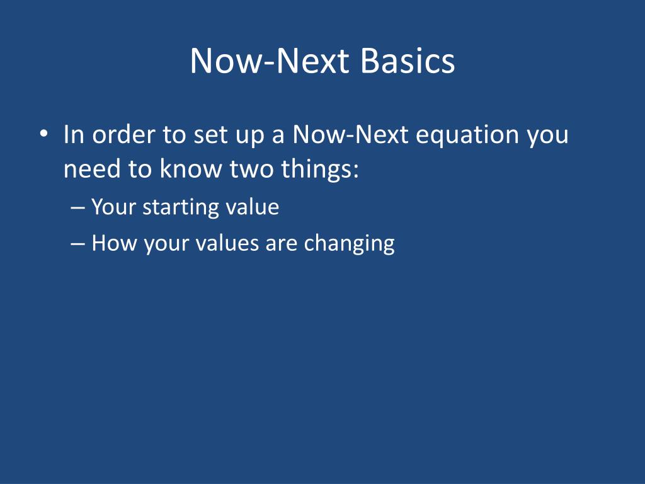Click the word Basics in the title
[x=408, y=60]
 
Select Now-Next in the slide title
[x=270, y=60]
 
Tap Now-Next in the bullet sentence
[x=350, y=134]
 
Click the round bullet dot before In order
[x=44, y=134]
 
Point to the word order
[x=123, y=134]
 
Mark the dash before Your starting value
[x=77, y=207]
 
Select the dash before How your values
[x=77, y=244]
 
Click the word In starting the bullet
[x=74, y=134]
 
